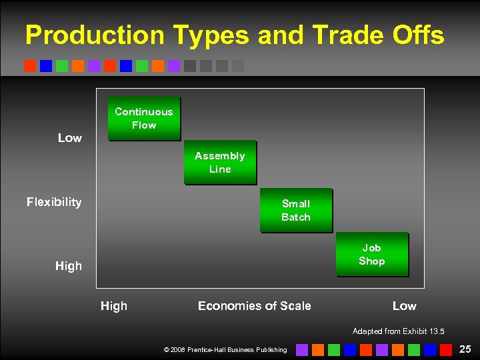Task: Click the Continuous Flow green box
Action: (x=143, y=119)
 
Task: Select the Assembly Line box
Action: (x=220, y=162)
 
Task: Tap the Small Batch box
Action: (x=295, y=210)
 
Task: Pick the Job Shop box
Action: (x=371, y=254)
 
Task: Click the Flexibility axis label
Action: (x=54, y=202)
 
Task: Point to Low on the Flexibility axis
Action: (x=69, y=138)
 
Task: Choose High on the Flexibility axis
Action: (x=69, y=266)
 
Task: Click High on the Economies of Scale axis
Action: (x=113, y=306)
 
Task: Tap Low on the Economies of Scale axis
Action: (x=404, y=306)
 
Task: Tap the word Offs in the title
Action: (x=419, y=35)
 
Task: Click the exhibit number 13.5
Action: (x=435, y=331)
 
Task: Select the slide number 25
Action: (x=465, y=349)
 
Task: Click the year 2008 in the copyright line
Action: (x=178, y=350)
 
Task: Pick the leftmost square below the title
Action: (x=30, y=66)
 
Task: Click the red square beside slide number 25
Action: (x=445, y=349)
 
